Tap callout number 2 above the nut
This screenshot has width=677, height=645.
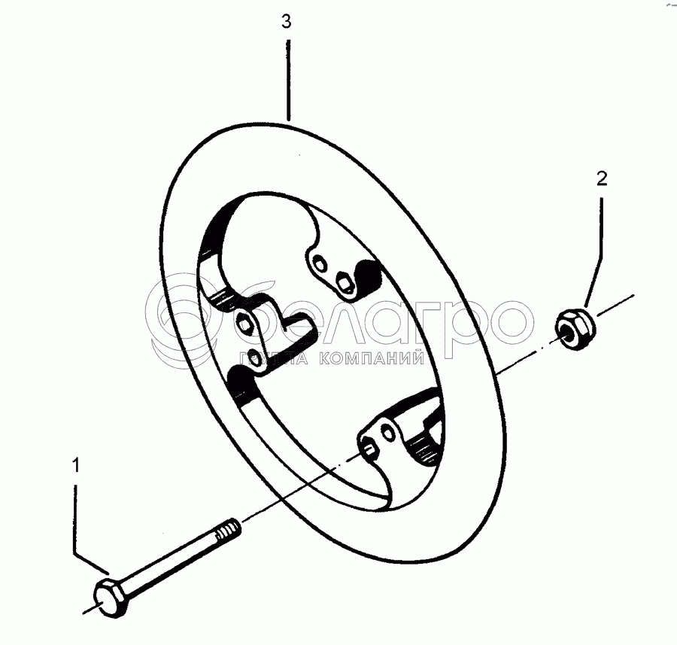pos(601,178)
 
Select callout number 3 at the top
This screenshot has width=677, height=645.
pos(286,22)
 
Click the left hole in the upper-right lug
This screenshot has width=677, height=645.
pos(320,264)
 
